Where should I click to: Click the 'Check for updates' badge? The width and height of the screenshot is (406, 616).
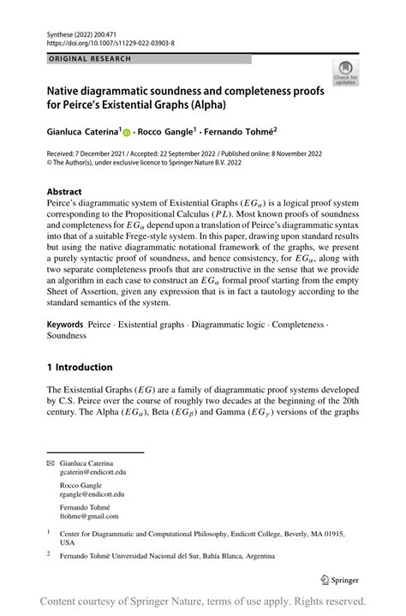coord(345,74)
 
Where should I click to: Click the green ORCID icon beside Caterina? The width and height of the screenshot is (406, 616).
coord(127,134)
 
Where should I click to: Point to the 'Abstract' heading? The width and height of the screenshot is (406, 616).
coord(65,192)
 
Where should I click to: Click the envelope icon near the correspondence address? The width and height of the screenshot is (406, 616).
coord(49,463)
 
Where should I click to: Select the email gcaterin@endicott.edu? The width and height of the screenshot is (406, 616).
coord(93,472)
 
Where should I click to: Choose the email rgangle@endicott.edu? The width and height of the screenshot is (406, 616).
coord(92,494)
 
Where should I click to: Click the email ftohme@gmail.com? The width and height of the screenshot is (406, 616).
coord(89,517)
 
